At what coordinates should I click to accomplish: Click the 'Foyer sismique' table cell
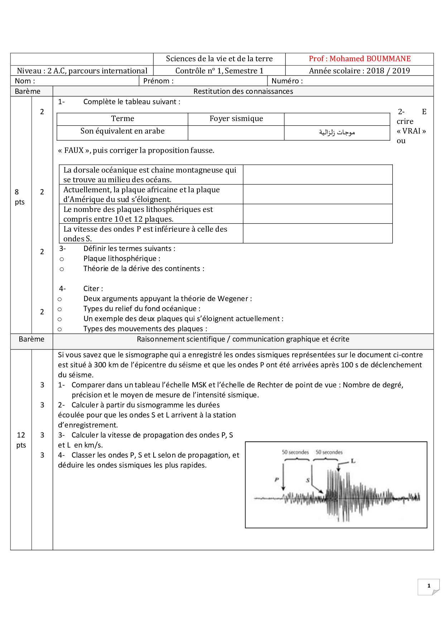point(236,119)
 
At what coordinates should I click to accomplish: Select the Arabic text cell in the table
point(337,132)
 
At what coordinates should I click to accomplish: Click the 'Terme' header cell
point(122,119)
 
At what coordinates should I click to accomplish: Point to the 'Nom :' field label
point(25,81)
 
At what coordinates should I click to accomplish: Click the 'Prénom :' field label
point(158,81)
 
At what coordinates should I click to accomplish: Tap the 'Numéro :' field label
point(287,81)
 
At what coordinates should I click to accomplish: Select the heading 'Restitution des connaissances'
point(243,91)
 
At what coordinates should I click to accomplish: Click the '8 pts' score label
point(19,197)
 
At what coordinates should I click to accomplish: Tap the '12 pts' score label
point(21,440)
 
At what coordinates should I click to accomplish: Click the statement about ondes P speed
point(145,234)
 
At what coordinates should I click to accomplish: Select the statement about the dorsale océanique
point(150,175)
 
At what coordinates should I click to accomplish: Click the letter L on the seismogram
point(353,461)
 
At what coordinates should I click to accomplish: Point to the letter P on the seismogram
point(276,479)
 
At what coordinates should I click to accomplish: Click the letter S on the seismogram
point(308,480)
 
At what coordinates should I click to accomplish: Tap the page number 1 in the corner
point(429,586)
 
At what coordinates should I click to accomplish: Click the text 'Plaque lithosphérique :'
point(122,259)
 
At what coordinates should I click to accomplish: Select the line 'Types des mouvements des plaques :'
point(145,329)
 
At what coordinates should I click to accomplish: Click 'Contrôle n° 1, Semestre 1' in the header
point(219,71)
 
